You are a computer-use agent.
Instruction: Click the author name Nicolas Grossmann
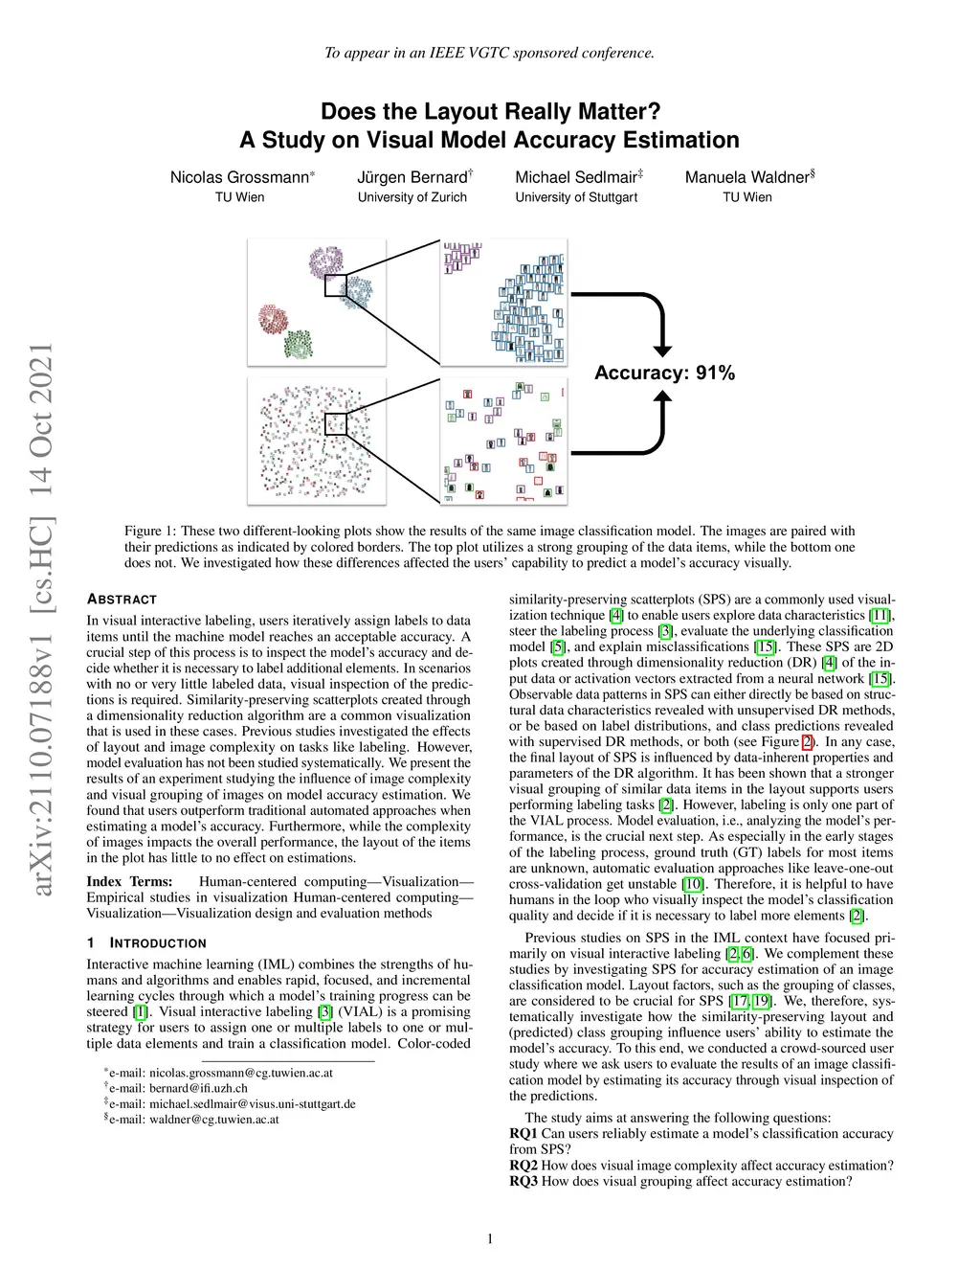(239, 177)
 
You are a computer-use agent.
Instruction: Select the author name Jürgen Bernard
(412, 177)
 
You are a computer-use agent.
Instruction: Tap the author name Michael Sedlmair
(575, 177)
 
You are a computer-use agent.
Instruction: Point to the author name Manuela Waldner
(746, 177)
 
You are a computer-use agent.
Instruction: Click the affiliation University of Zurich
(412, 197)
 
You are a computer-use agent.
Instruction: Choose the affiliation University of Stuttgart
(576, 197)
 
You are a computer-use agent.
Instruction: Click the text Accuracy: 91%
(664, 373)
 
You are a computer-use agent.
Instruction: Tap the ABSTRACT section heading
(122, 600)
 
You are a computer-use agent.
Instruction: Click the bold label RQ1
(523, 1134)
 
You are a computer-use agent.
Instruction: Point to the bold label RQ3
(523, 1181)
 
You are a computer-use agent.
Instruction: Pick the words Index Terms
(129, 882)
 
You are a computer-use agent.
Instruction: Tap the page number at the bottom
(490, 1239)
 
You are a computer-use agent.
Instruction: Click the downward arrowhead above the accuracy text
(662, 351)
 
